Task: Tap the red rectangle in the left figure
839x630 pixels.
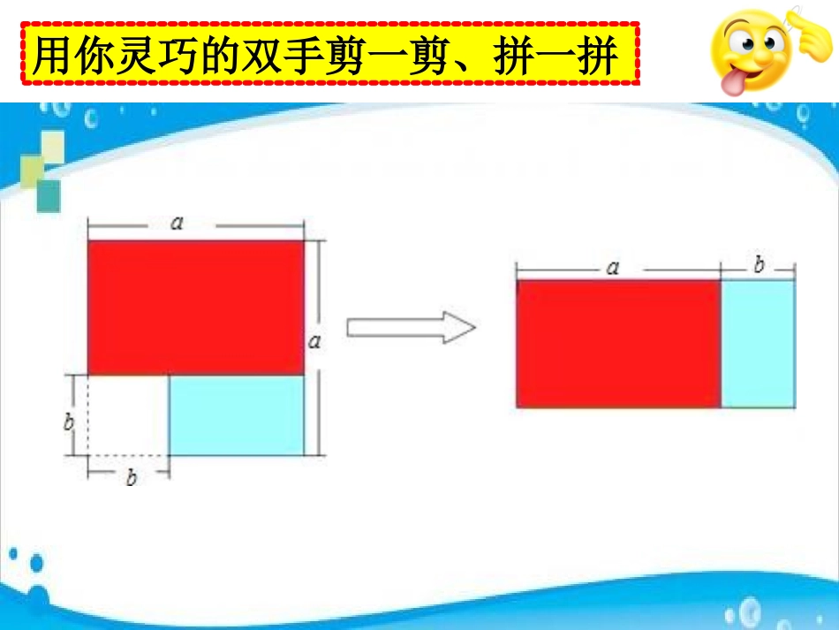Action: point(195,307)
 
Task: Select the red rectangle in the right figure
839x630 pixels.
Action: point(618,344)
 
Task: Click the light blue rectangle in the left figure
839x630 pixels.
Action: point(236,415)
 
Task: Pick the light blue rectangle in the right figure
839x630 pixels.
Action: point(758,344)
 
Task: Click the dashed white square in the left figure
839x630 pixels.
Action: point(127,415)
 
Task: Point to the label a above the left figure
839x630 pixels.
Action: point(177,224)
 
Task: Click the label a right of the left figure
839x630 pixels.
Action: point(314,341)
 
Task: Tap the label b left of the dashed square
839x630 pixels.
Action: point(69,422)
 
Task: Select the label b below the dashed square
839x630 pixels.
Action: point(132,478)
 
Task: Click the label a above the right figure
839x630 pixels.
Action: point(612,267)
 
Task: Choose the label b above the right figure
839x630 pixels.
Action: point(759,264)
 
